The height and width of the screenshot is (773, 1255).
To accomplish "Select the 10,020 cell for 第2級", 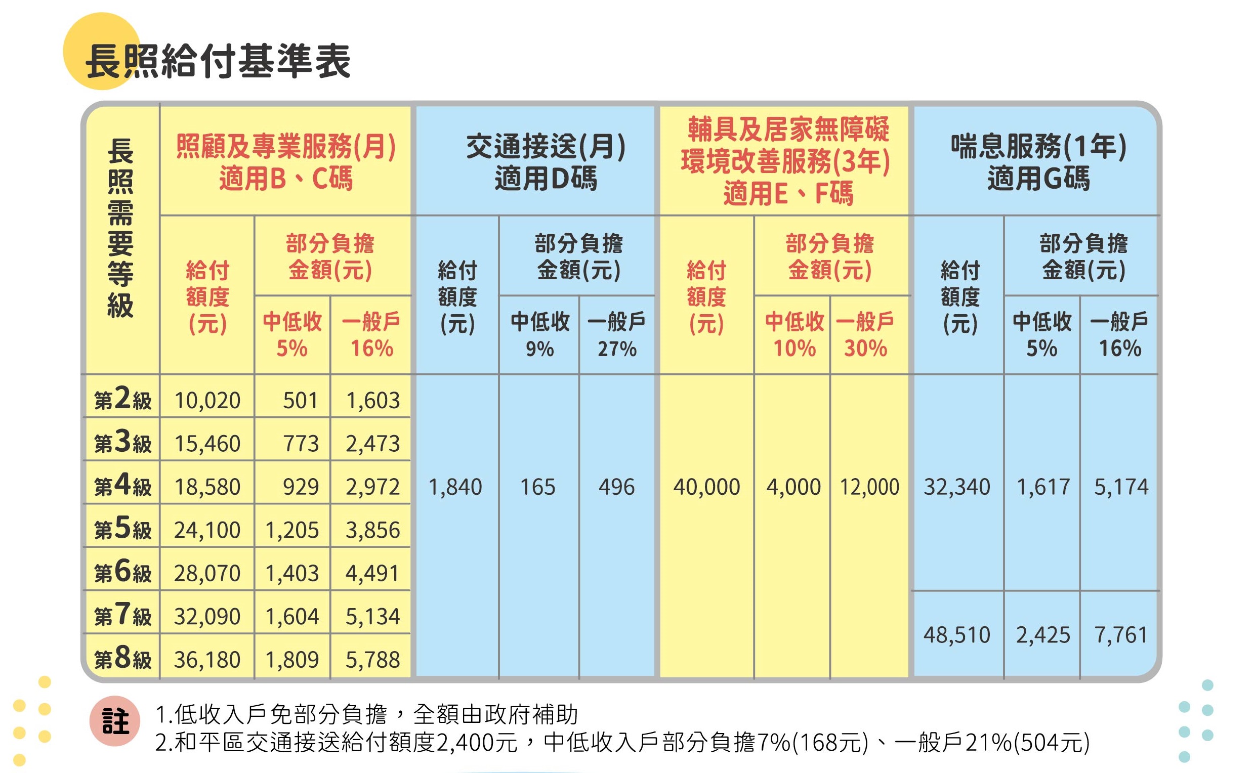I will point(207,400).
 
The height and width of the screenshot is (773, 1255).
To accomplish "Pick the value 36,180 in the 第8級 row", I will point(207,660).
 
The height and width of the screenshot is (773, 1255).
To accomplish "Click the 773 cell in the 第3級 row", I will point(301,443).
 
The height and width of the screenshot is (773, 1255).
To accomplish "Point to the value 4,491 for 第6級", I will point(372,573).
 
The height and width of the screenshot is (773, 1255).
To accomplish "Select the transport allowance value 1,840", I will point(455,487).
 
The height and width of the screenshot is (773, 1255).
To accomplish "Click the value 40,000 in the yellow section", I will point(706,487).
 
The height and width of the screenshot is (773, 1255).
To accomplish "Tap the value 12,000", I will point(869,487).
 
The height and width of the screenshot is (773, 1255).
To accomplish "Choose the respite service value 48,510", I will point(957,635).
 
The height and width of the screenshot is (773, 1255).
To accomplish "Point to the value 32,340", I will point(957,487).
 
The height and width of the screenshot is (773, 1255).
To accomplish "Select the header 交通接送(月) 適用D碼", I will point(546,161).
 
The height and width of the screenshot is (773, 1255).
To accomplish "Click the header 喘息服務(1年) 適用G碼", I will point(1038,161).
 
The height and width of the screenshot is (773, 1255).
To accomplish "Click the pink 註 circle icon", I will point(115,721).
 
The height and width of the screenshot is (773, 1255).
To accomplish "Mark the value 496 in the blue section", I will point(617,487).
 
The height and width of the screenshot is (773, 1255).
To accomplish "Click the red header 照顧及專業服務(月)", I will point(286,147).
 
